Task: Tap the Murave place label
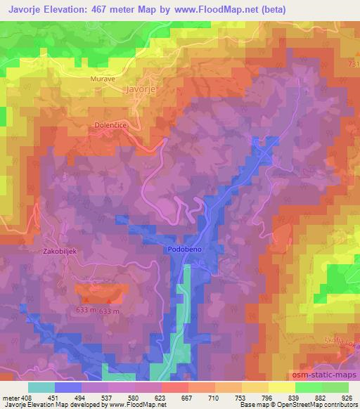click(x=102, y=79)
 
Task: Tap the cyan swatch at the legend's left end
click(x=41, y=387)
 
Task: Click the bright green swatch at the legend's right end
click(x=335, y=387)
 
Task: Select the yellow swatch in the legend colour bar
click(x=281, y=387)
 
